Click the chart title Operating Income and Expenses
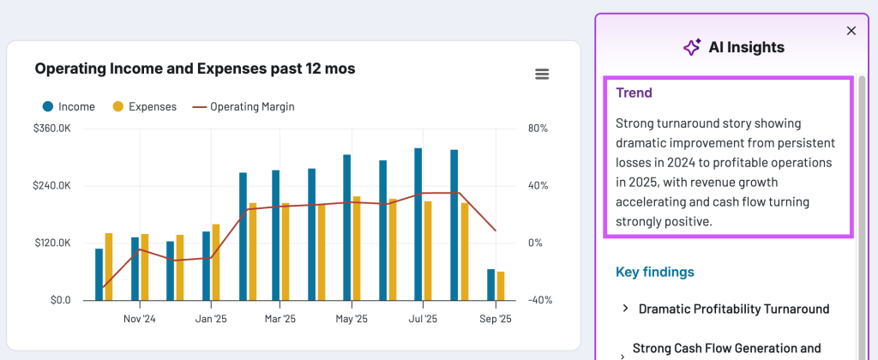195,69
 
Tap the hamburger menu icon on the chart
542,75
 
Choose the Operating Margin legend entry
244,107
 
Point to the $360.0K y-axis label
51,129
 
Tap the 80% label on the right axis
538,129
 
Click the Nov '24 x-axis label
139,319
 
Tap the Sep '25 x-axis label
494,319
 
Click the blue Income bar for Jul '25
418,225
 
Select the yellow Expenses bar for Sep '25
501,286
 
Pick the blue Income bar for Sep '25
490,285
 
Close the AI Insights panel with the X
851,31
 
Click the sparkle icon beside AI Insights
691,48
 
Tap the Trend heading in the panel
634,93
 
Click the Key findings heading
655,273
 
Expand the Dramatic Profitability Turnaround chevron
626,309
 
